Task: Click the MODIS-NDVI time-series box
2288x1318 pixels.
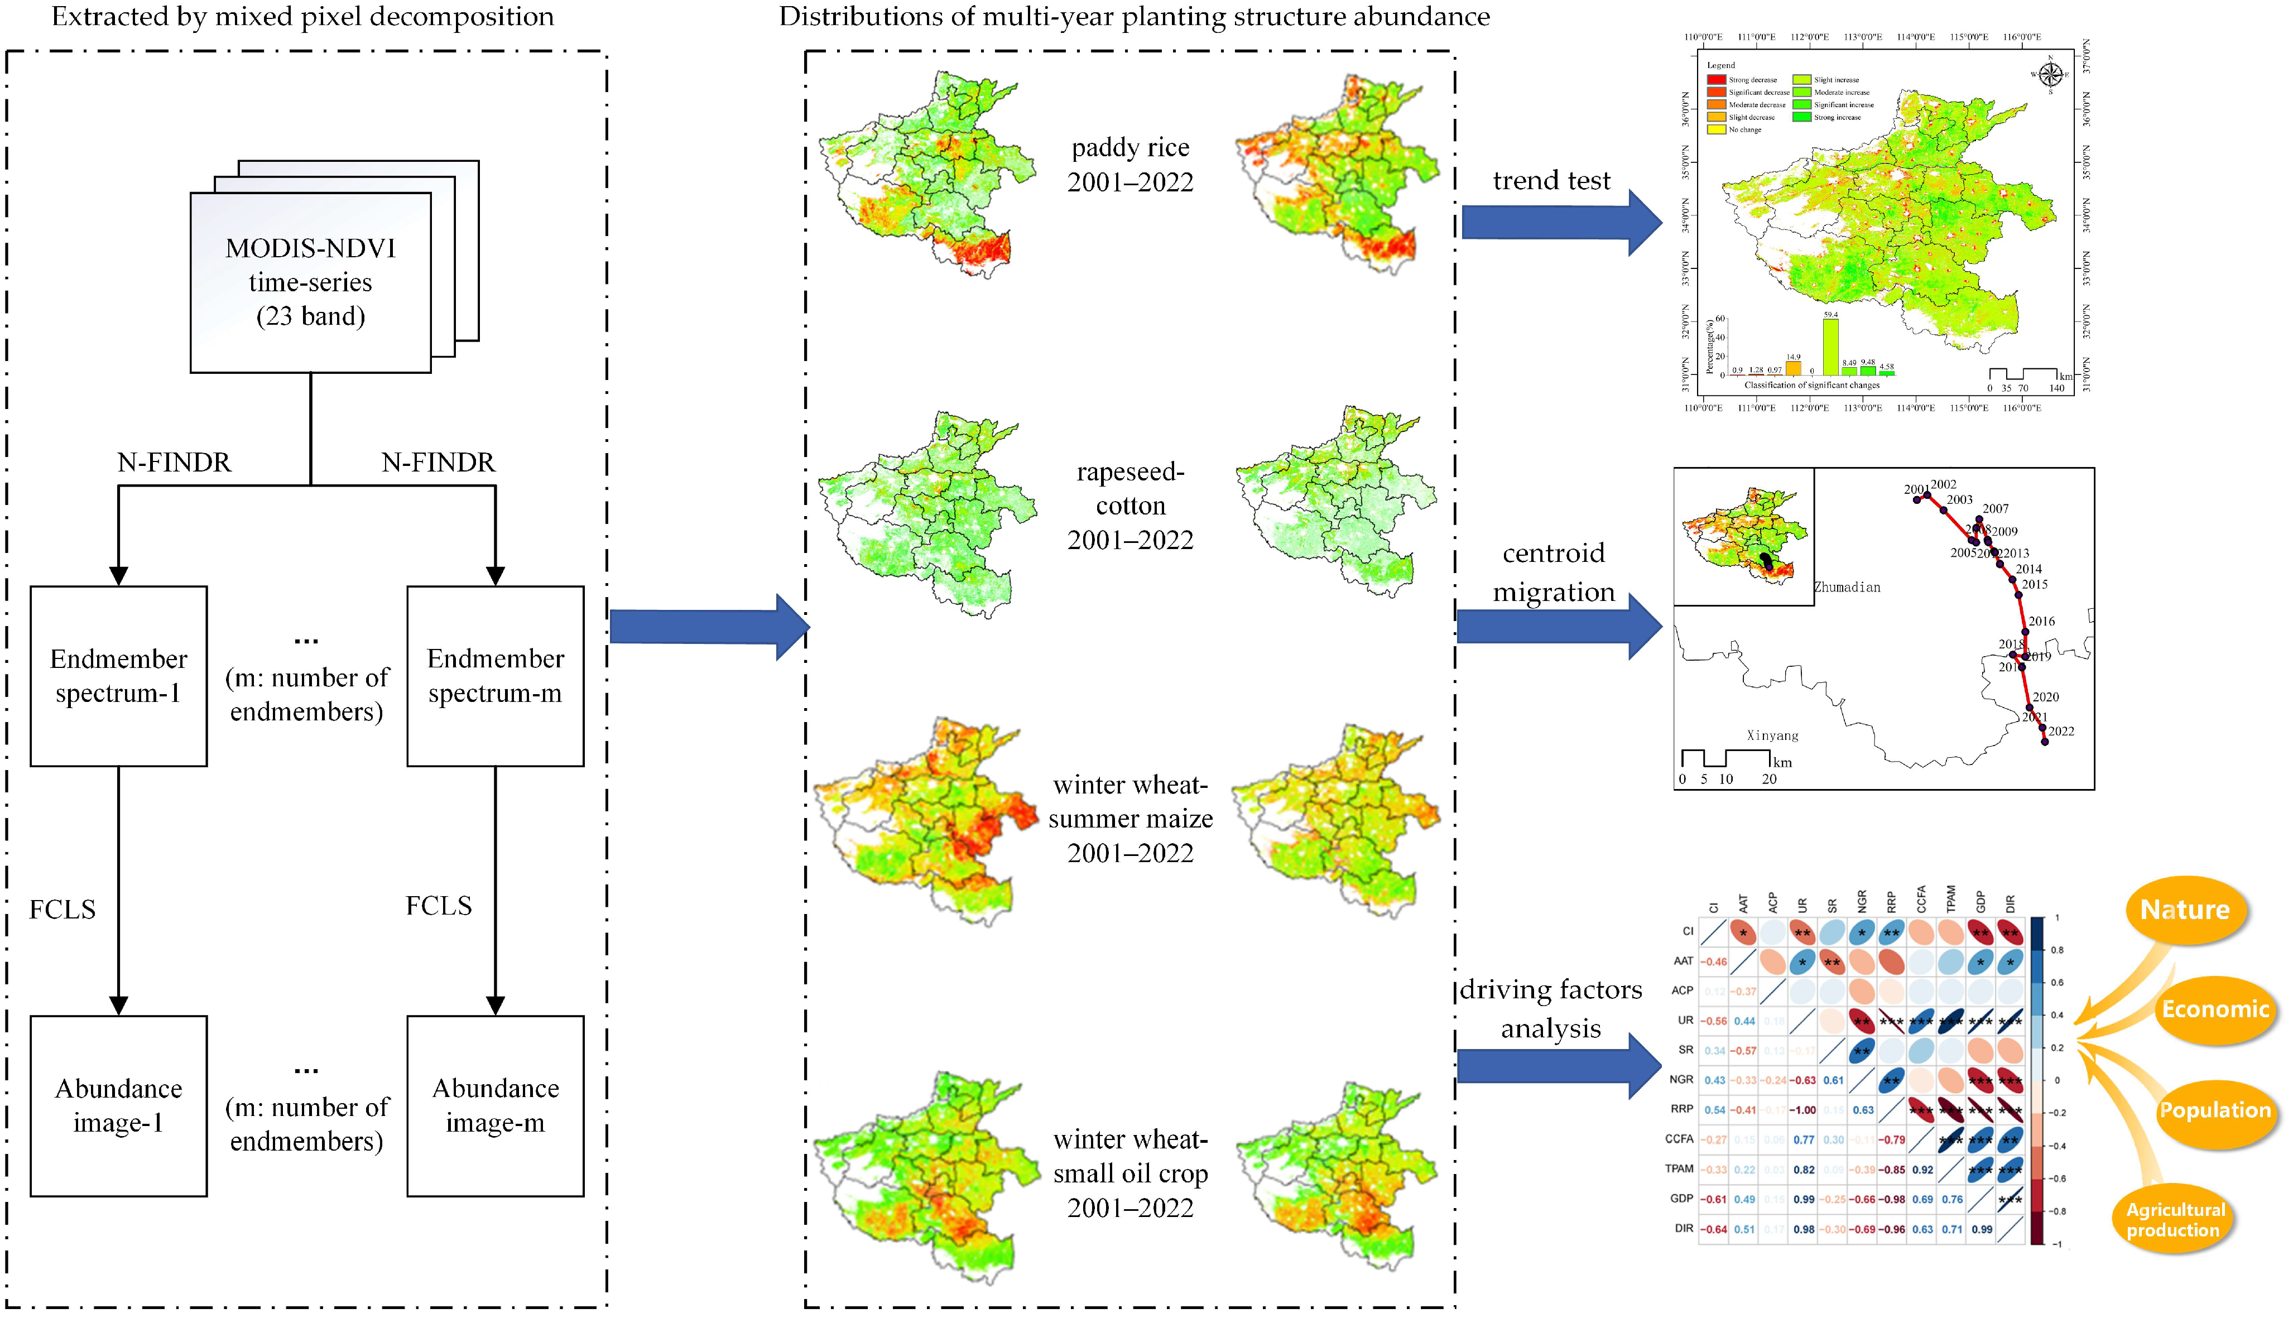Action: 310,282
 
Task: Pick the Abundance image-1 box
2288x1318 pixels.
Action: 118,1105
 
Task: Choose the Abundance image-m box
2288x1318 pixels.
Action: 495,1105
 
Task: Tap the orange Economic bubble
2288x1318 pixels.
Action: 2215,1009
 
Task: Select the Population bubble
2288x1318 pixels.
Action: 2215,1111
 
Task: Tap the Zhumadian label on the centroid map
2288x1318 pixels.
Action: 1847,588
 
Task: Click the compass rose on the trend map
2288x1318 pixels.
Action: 2051,74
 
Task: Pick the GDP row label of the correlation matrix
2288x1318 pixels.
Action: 1681,1199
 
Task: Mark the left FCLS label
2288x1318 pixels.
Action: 63,909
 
